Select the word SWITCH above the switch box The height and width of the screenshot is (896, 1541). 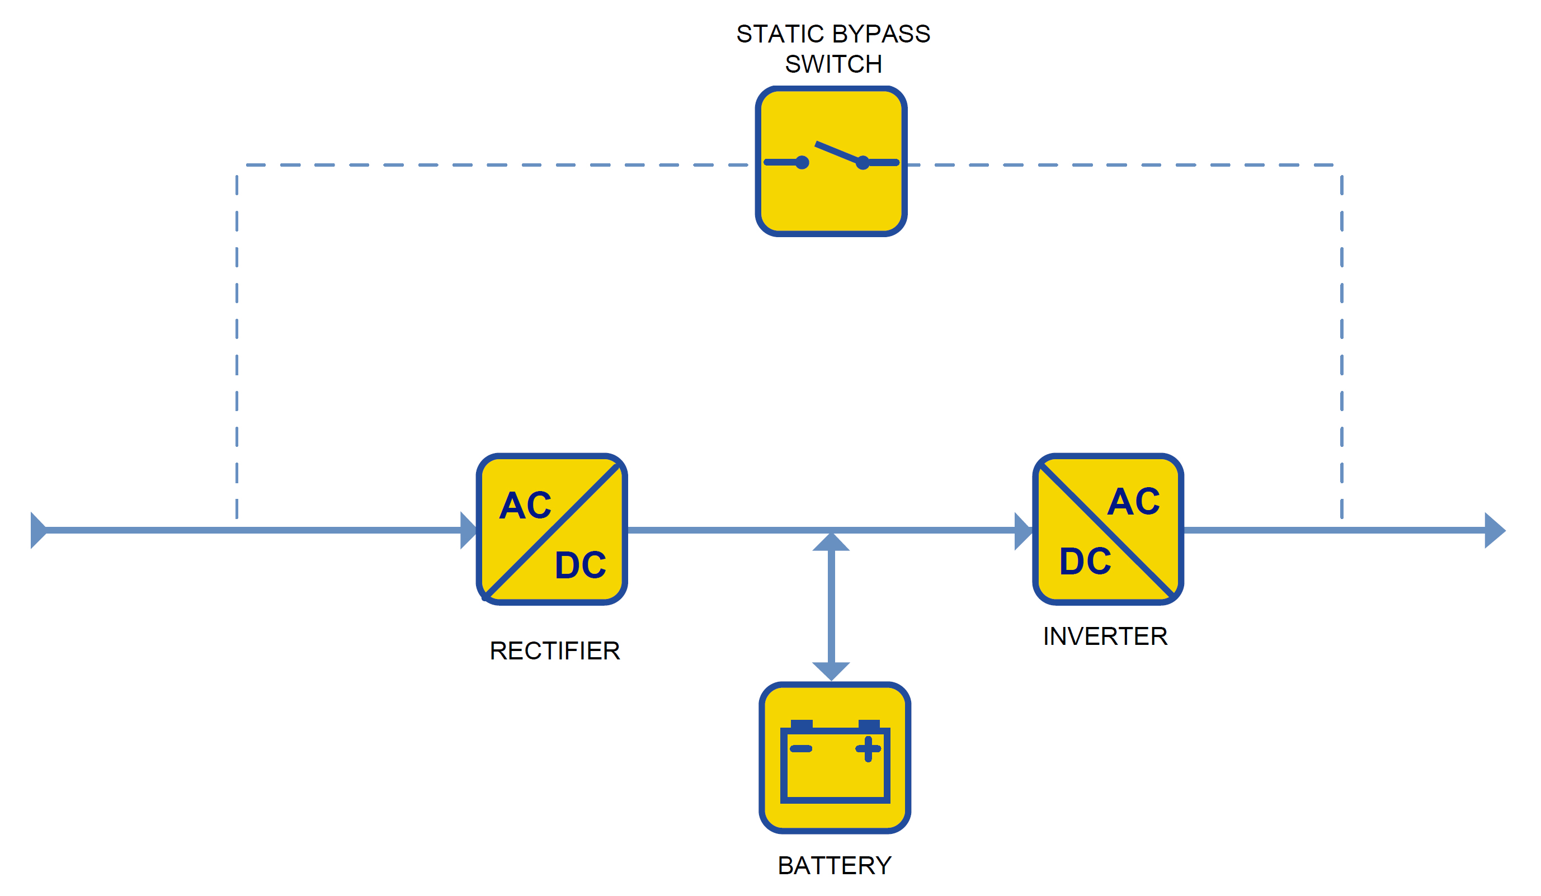click(833, 64)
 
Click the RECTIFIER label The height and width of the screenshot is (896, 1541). click(555, 651)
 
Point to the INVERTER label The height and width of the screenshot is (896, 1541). click(1105, 636)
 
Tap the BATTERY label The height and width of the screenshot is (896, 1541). click(835, 865)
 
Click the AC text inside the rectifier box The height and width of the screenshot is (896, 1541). click(525, 505)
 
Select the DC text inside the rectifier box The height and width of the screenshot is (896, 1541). click(580, 564)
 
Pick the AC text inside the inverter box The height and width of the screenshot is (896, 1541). click(1133, 502)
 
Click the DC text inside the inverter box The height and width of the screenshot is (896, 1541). click(1085, 561)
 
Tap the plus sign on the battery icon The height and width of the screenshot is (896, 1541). click(868, 749)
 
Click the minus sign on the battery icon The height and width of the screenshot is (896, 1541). click(800, 748)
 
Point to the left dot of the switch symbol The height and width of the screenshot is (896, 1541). click(802, 163)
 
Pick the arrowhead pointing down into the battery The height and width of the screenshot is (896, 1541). click(831, 672)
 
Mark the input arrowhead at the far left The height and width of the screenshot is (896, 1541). click(39, 530)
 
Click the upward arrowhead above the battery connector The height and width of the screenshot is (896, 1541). click(831, 542)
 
